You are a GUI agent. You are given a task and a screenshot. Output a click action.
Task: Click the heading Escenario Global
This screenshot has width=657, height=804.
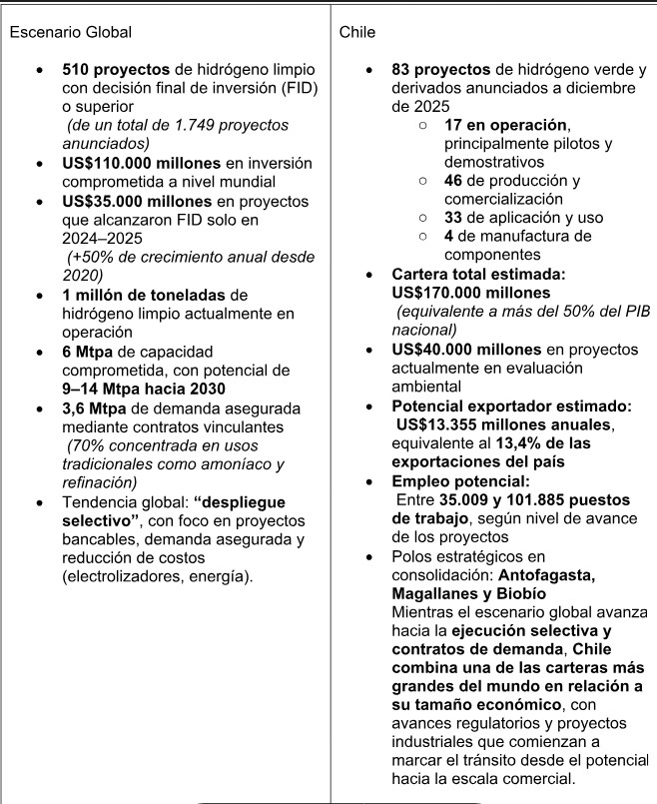click(70, 32)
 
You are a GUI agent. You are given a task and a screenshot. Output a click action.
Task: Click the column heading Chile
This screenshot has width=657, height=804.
click(357, 32)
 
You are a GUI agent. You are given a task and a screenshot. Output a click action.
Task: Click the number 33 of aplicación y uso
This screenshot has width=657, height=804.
click(453, 218)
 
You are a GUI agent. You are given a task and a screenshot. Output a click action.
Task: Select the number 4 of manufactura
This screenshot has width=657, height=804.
click(449, 237)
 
